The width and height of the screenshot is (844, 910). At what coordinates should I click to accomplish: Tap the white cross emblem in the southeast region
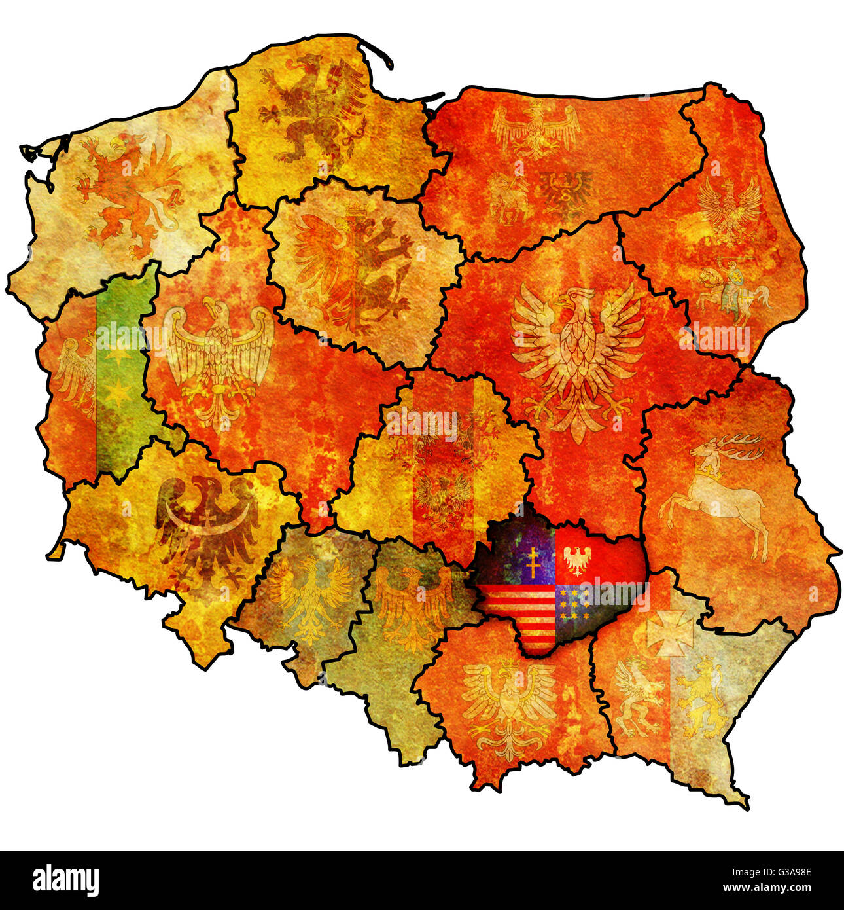670,632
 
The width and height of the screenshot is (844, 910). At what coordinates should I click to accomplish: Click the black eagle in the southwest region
207,524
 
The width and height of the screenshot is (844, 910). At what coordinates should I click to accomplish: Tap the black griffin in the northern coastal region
314,108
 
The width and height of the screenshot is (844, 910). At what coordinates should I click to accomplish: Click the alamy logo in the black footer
66,880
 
